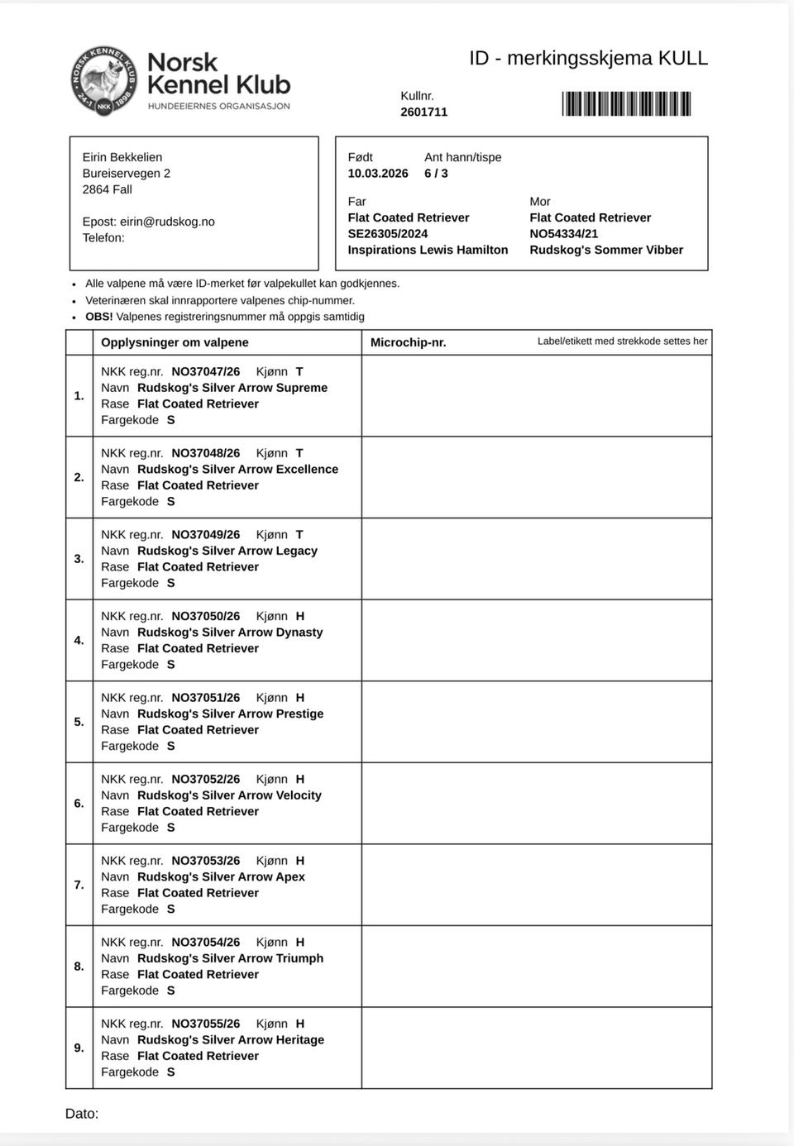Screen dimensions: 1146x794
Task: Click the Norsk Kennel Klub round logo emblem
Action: pos(104,81)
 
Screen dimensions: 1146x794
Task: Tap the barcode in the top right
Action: pos(626,104)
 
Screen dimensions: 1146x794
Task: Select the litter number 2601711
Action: pos(423,112)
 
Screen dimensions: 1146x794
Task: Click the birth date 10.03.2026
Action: pos(378,174)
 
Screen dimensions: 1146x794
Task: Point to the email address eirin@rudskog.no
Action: pos(167,222)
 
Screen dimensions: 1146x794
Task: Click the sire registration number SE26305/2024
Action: pos(388,234)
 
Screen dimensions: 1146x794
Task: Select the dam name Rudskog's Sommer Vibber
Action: pos(606,250)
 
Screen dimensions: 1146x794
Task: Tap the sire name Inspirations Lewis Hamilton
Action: pos(428,250)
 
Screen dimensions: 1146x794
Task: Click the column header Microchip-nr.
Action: pos(408,342)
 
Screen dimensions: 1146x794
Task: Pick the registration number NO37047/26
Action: pos(205,372)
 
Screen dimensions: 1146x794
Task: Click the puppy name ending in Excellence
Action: pos(237,469)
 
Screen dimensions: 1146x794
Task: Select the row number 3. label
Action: pos(79,559)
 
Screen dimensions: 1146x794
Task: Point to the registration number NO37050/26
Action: pos(205,616)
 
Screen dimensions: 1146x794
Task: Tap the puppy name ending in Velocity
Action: pos(229,795)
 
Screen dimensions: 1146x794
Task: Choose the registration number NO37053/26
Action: pos(205,861)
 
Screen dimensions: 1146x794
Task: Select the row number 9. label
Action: pos(79,1048)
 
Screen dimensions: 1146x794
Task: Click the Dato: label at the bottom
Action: pos(82,1114)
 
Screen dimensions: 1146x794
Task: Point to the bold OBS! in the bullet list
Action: pos(98,317)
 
